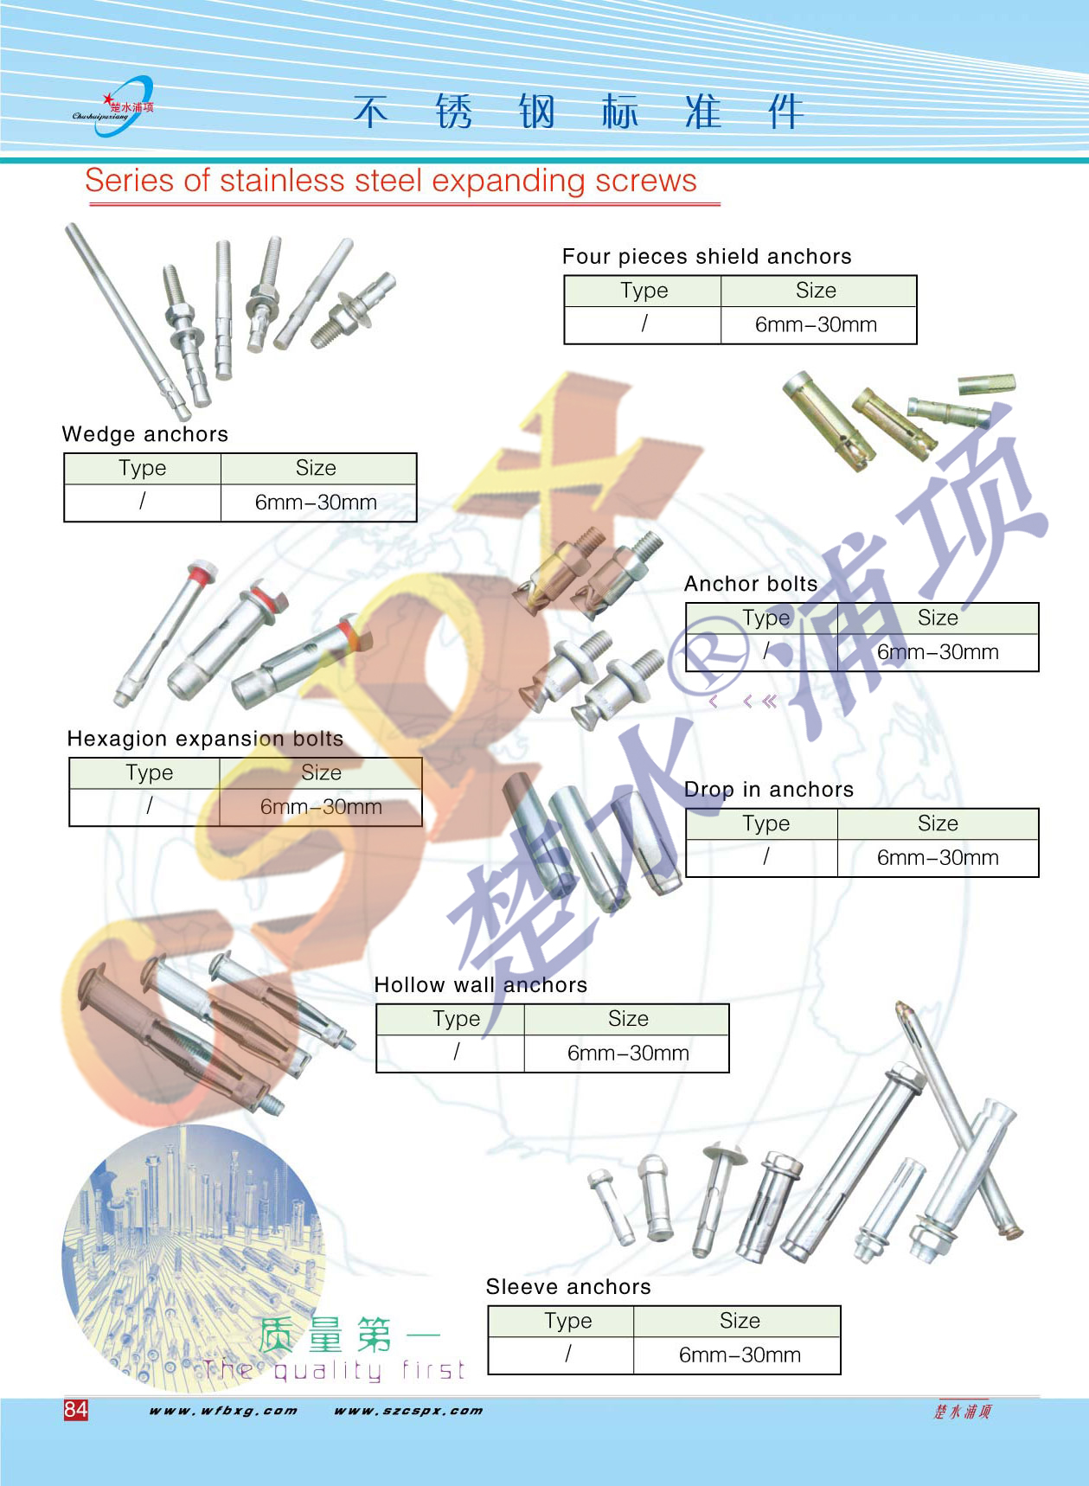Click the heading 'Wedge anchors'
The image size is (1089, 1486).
click(145, 434)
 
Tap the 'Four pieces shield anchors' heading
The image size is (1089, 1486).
click(707, 257)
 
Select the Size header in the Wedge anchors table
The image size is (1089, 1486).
click(317, 468)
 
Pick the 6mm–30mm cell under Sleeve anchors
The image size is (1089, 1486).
click(740, 1355)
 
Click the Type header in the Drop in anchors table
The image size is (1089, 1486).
click(766, 823)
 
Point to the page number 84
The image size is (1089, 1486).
click(76, 1410)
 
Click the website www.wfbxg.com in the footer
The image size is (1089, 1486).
click(223, 1411)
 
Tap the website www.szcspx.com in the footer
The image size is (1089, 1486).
click(408, 1411)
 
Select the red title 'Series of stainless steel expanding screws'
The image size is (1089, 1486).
click(391, 181)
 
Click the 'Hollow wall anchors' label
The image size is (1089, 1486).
click(481, 985)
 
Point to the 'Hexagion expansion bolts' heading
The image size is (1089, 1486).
click(205, 739)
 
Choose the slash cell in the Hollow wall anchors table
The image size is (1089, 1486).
click(456, 1053)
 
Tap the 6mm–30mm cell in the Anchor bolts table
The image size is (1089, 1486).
click(938, 652)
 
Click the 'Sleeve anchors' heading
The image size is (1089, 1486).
click(568, 1287)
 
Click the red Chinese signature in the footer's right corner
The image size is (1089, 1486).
click(963, 1412)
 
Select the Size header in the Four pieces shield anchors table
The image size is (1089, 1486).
click(817, 291)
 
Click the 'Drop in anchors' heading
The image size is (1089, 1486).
click(769, 790)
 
